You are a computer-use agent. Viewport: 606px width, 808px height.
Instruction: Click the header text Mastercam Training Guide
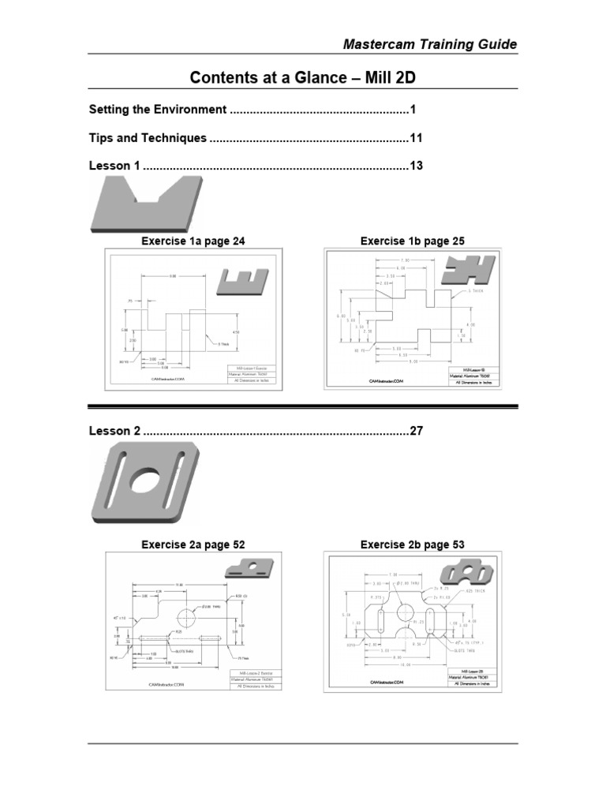click(x=430, y=44)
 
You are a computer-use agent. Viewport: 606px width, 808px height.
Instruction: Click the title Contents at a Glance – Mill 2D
click(x=303, y=77)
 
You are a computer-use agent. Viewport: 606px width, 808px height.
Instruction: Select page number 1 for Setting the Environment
click(x=412, y=110)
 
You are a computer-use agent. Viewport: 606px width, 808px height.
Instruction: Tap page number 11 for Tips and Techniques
click(x=416, y=138)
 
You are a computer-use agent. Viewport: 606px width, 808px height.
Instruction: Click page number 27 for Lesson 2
click(x=416, y=431)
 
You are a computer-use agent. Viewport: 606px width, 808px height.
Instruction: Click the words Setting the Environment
click(x=158, y=110)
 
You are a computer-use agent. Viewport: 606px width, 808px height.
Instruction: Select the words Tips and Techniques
click(x=148, y=138)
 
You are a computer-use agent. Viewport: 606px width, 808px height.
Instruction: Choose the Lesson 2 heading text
click(x=114, y=431)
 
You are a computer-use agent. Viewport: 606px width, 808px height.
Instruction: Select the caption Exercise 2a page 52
click(x=188, y=544)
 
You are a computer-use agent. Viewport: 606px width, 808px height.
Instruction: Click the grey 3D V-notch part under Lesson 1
click(x=147, y=204)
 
